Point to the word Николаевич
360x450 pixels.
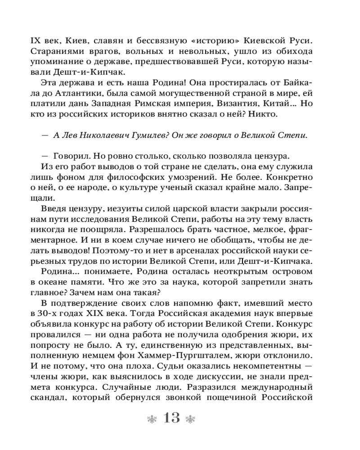pos(100,136)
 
